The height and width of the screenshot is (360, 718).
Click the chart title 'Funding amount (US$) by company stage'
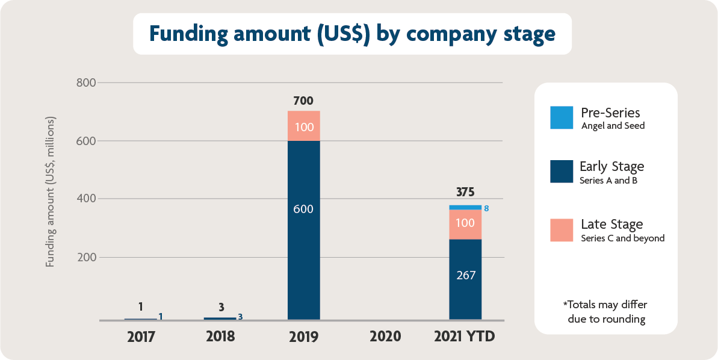point(352,34)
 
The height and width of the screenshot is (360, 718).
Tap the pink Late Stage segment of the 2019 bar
point(303,126)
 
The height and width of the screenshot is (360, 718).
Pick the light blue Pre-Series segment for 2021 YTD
point(465,207)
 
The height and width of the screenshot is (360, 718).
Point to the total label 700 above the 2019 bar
point(303,101)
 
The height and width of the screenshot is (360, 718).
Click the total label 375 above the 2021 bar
point(465,193)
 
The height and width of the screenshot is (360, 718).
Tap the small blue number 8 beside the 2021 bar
point(486,208)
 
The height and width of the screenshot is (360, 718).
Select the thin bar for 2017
point(141,318)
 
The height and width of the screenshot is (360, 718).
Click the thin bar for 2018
point(220,318)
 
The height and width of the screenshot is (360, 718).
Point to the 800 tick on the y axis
point(85,82)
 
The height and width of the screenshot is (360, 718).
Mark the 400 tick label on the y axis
point(85,199)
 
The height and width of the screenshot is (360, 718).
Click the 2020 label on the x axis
point(385,336)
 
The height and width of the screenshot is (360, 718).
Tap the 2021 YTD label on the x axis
point(465,336)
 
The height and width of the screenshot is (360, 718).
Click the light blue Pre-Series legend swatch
point(562,117)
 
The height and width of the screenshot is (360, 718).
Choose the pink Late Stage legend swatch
point(562,230)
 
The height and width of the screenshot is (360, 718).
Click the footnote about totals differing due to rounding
point(605,312)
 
